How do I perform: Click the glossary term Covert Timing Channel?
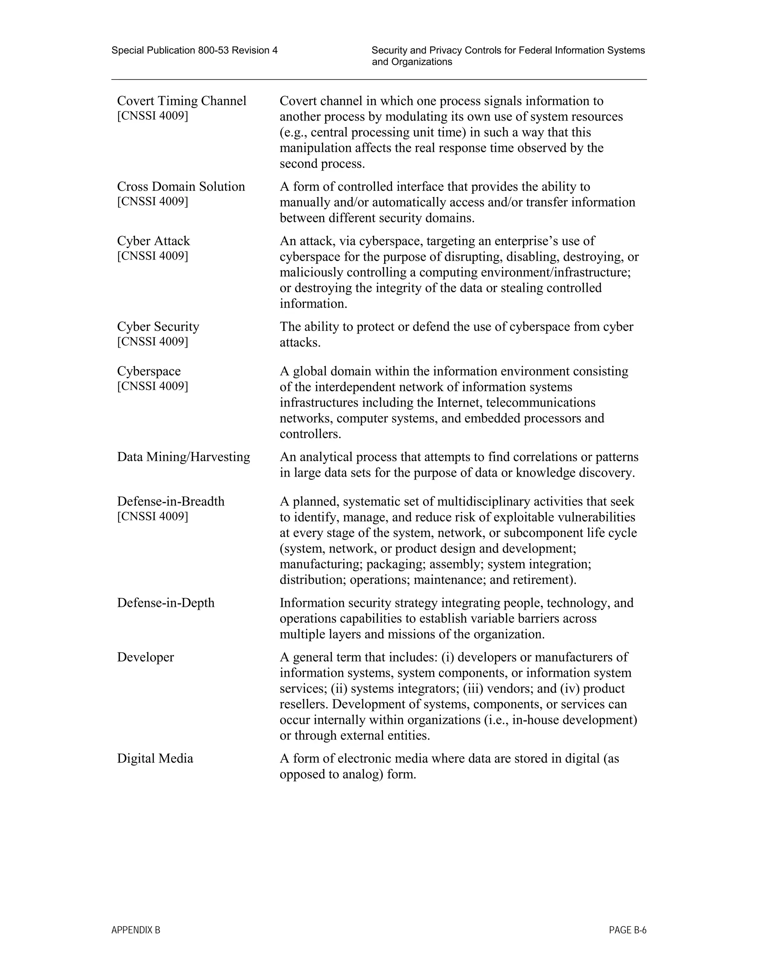tap(181, 101)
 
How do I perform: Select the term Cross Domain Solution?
tap(181, 187)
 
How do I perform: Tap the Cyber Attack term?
tap(154, 241)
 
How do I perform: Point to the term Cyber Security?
tap(158, 327)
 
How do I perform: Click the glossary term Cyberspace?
tap(149, 371)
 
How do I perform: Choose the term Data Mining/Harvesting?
tap(183, 457)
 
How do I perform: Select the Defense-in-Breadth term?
tap(171, 501)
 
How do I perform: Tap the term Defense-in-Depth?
tap(166, 603)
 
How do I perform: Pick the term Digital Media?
tap(155, 758)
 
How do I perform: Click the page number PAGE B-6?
tap(627, 930)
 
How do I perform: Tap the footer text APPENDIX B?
tap(135, 930)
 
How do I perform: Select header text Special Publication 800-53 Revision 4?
tap(194, 50)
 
